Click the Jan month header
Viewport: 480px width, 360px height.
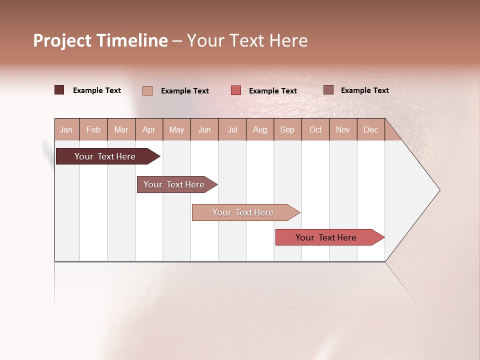(x=66, y=130)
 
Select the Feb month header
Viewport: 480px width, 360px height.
(x=93, y=130)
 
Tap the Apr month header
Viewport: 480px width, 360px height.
(x=148, y=130)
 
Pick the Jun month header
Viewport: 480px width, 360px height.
(x=204, y=130)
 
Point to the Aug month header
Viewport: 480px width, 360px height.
(x=259, y=130)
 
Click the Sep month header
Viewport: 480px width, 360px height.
(x=287, y=130)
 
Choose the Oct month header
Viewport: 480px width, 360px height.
(x=315, y=130)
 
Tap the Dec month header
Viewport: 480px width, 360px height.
(x=370, y=130)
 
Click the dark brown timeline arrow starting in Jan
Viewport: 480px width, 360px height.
(x=105, y=156)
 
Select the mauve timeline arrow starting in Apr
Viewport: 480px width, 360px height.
(x=174, y=184)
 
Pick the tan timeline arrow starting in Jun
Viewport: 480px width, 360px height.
(x=243, y=212)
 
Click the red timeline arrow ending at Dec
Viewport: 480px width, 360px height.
(x=326, y=237)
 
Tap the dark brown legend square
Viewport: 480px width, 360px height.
(x=59, y=90)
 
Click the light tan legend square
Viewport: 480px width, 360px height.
(x=147, y=90)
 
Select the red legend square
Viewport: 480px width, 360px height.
(x=236, y=90)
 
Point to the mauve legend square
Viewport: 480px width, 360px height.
(x=328, y=90)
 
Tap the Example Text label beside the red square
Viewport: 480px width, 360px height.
(x=272, y=91)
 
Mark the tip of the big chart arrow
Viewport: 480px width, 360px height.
(x=439, y=190)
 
